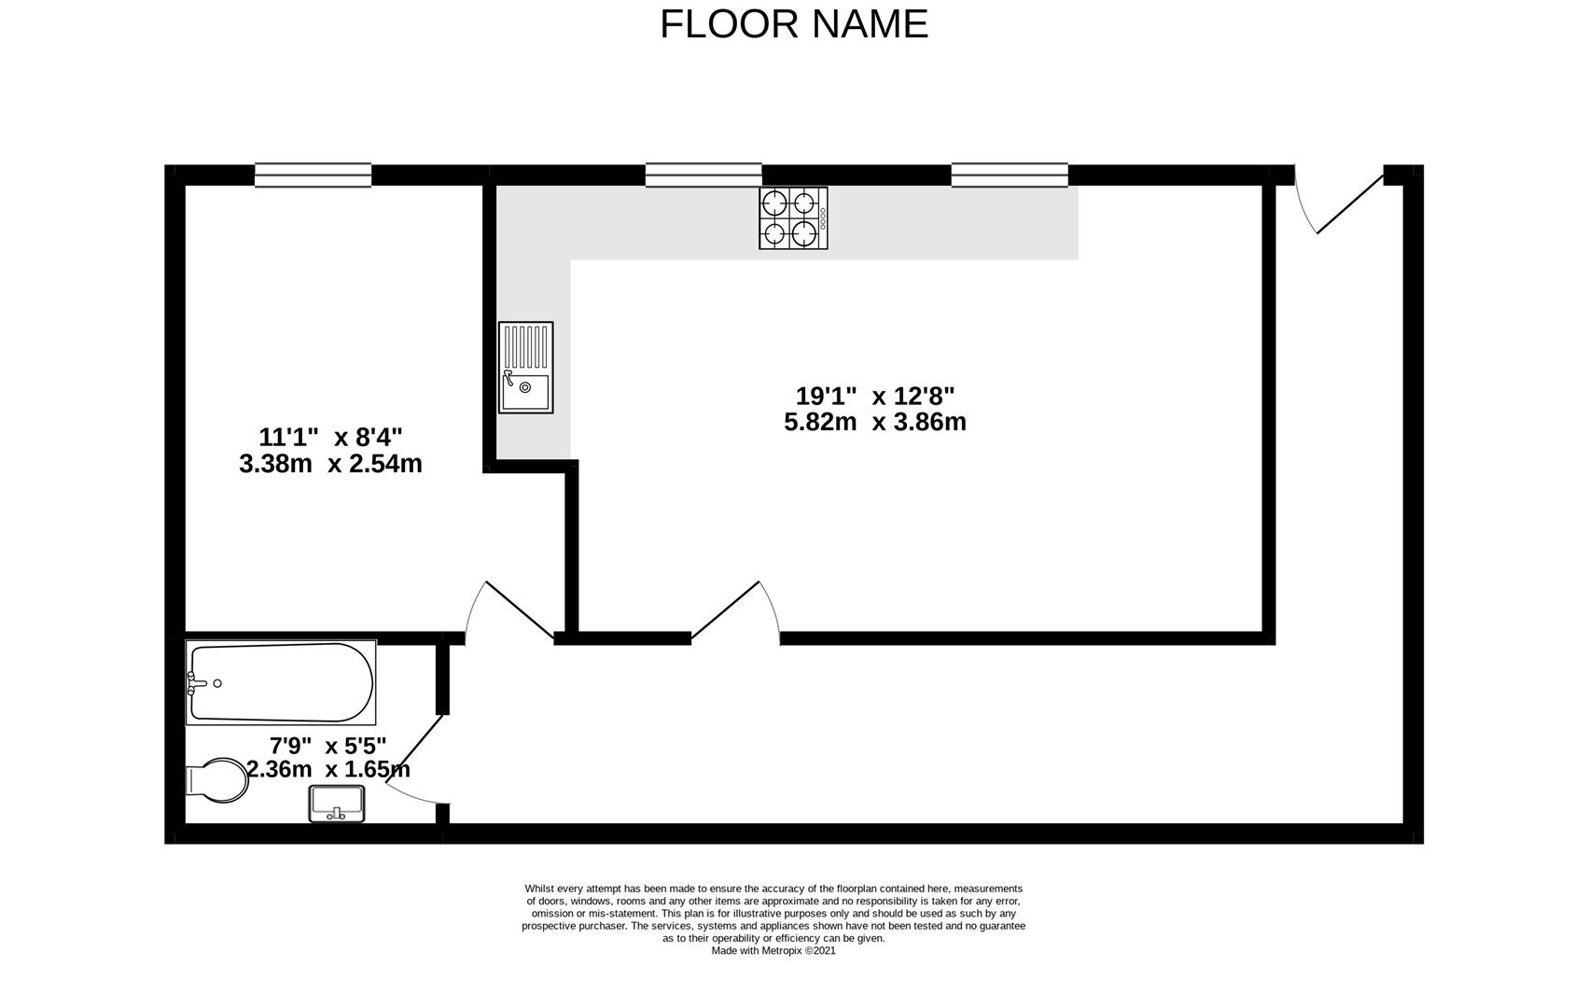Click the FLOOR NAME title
(793, 24)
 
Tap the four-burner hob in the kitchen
(793, 218)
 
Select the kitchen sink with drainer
(525, 368)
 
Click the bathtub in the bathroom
(281, 682)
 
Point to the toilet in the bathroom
(217, 780)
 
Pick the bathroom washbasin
(337, 804)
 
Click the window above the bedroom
(313, 175)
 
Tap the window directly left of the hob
(703, 175)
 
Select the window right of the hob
(1010, 175)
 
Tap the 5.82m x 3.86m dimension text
(875, 422)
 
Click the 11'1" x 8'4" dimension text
(330, 436)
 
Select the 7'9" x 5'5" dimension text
(327, 747)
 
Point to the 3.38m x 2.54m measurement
(330, 464)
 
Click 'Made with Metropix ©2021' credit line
(773, 950)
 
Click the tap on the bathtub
(197, 683)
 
